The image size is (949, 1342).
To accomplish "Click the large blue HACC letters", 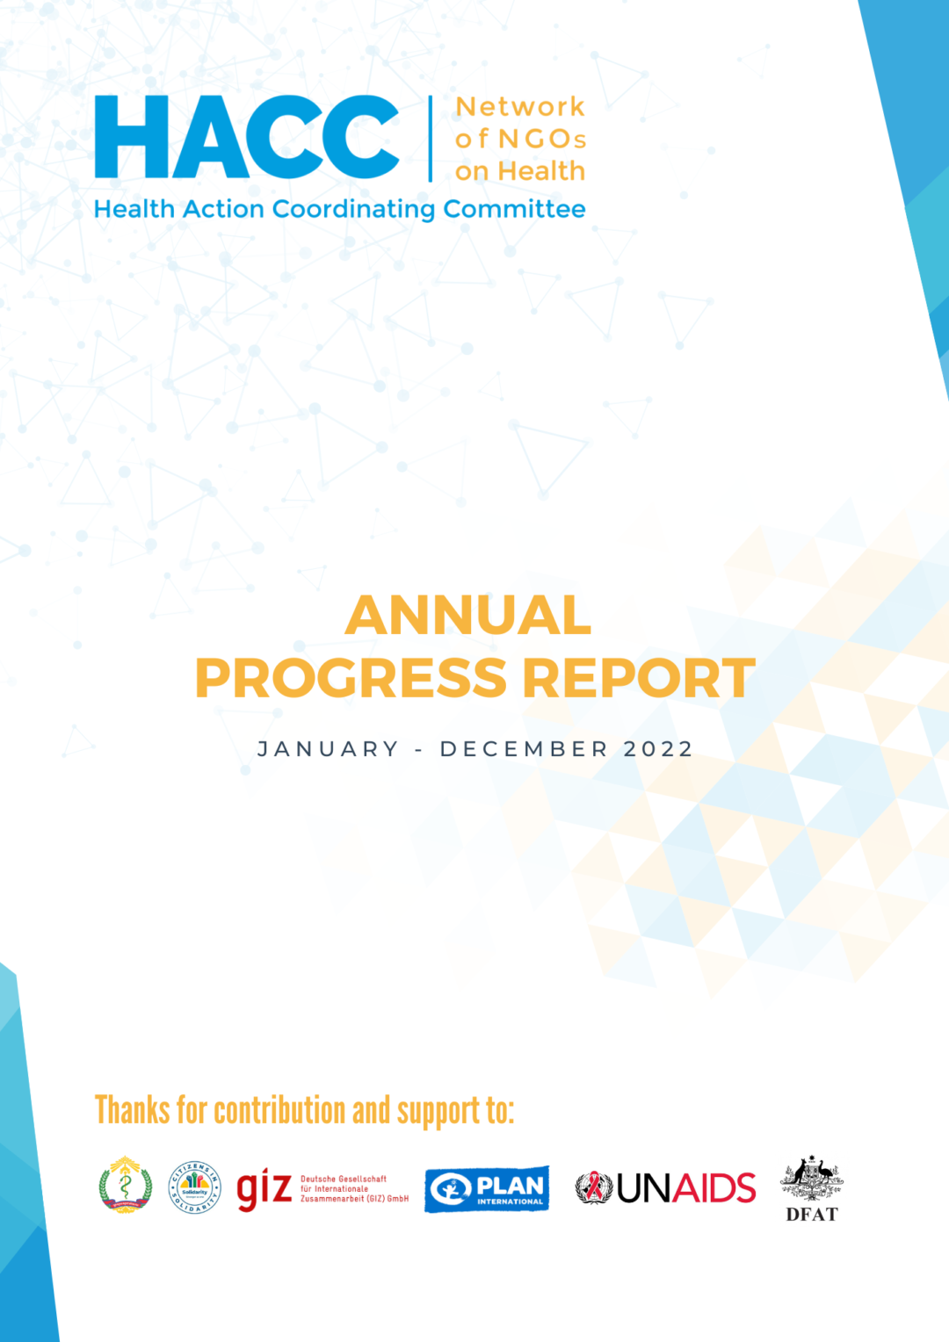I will click(247, 137).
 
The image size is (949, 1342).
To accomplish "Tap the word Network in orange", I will click(520, 107).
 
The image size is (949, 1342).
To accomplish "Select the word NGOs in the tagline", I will click(542, 139).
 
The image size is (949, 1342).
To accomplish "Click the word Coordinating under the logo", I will click(353, 209).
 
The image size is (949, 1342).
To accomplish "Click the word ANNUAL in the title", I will click(468, 615).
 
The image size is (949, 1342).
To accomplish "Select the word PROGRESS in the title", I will click(351, 678).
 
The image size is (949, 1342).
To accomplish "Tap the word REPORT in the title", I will click(639, 678).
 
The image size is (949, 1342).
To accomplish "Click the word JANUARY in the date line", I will click(329, 749).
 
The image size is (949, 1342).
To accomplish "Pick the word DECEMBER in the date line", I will click(524, 749).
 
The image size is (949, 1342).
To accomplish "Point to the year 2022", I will click(658, 749).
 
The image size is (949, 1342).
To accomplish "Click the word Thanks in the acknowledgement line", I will click(133, 1110).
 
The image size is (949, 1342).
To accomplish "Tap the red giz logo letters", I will click(264, 1190).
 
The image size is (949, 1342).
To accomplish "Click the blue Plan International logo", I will click(487, 1189).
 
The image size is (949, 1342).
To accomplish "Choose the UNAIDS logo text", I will click(685, 1188).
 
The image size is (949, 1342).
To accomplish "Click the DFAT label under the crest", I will click(812, 1215).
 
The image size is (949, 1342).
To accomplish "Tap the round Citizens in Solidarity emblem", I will click(195, 1187).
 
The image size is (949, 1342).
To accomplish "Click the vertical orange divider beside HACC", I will click(431, 138).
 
